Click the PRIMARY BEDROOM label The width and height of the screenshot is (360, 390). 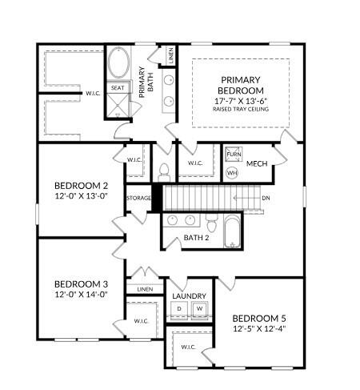[x=242, y=86]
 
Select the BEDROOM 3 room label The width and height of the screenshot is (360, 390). [x=80, y=284]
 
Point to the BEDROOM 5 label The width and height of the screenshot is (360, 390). [x=259, y=318]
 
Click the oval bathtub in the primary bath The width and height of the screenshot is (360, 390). [x=118, y=62]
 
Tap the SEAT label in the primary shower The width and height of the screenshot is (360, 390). [x=117, y=88]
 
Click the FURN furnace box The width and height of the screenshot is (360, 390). [x=233, y=155]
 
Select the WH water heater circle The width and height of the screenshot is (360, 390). [x=232, y=172]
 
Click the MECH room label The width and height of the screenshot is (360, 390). [x=257, y=164]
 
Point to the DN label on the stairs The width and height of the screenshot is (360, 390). [x=266, y=196]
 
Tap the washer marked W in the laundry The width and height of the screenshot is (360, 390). [x=199, y=309]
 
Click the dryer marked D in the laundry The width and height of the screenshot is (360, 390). [x=180, y=309]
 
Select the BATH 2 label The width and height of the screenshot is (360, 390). [x=196, y=237]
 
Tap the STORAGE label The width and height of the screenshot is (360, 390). [x=138, y=197]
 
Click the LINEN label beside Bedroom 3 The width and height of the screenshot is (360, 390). [x=145, y=289]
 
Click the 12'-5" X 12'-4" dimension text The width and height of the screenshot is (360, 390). [x=259, y=328]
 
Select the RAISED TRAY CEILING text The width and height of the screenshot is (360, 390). [x=242, y=109]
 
